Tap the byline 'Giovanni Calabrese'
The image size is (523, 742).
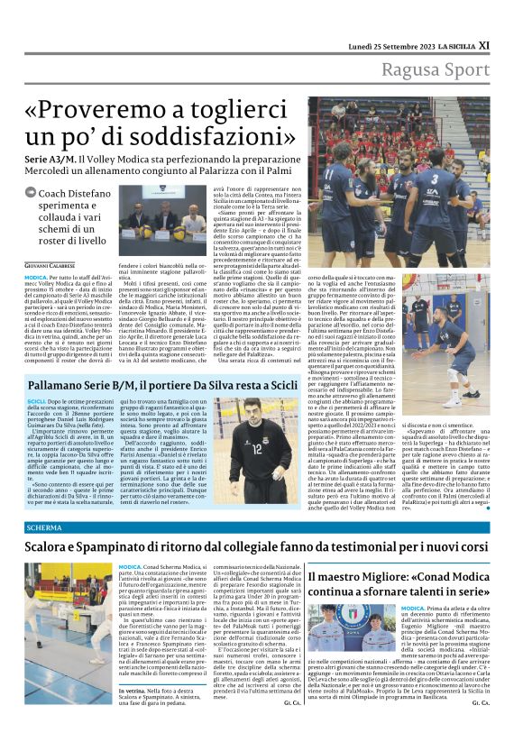[51, 266]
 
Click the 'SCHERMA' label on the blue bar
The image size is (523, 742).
[44, 527]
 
